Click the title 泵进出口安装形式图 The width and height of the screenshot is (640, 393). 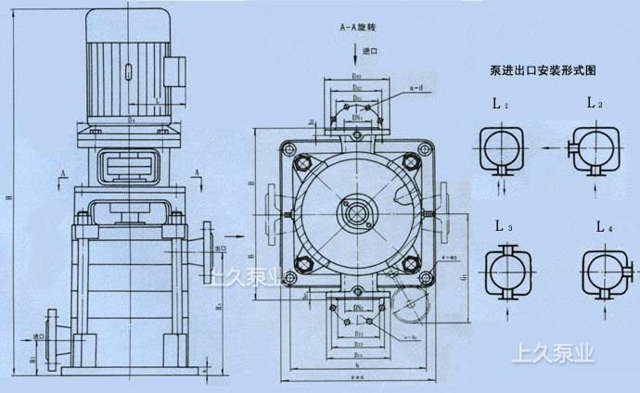543,70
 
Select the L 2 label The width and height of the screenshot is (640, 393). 595,104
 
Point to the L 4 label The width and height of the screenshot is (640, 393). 603,226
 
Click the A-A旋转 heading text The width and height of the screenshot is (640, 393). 358,30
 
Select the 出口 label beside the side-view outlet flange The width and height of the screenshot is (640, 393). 220,249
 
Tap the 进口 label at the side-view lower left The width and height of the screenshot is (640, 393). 38,336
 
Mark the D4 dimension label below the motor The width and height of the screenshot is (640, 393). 133,119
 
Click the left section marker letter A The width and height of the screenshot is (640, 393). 62,172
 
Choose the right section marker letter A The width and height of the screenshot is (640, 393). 199,172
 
